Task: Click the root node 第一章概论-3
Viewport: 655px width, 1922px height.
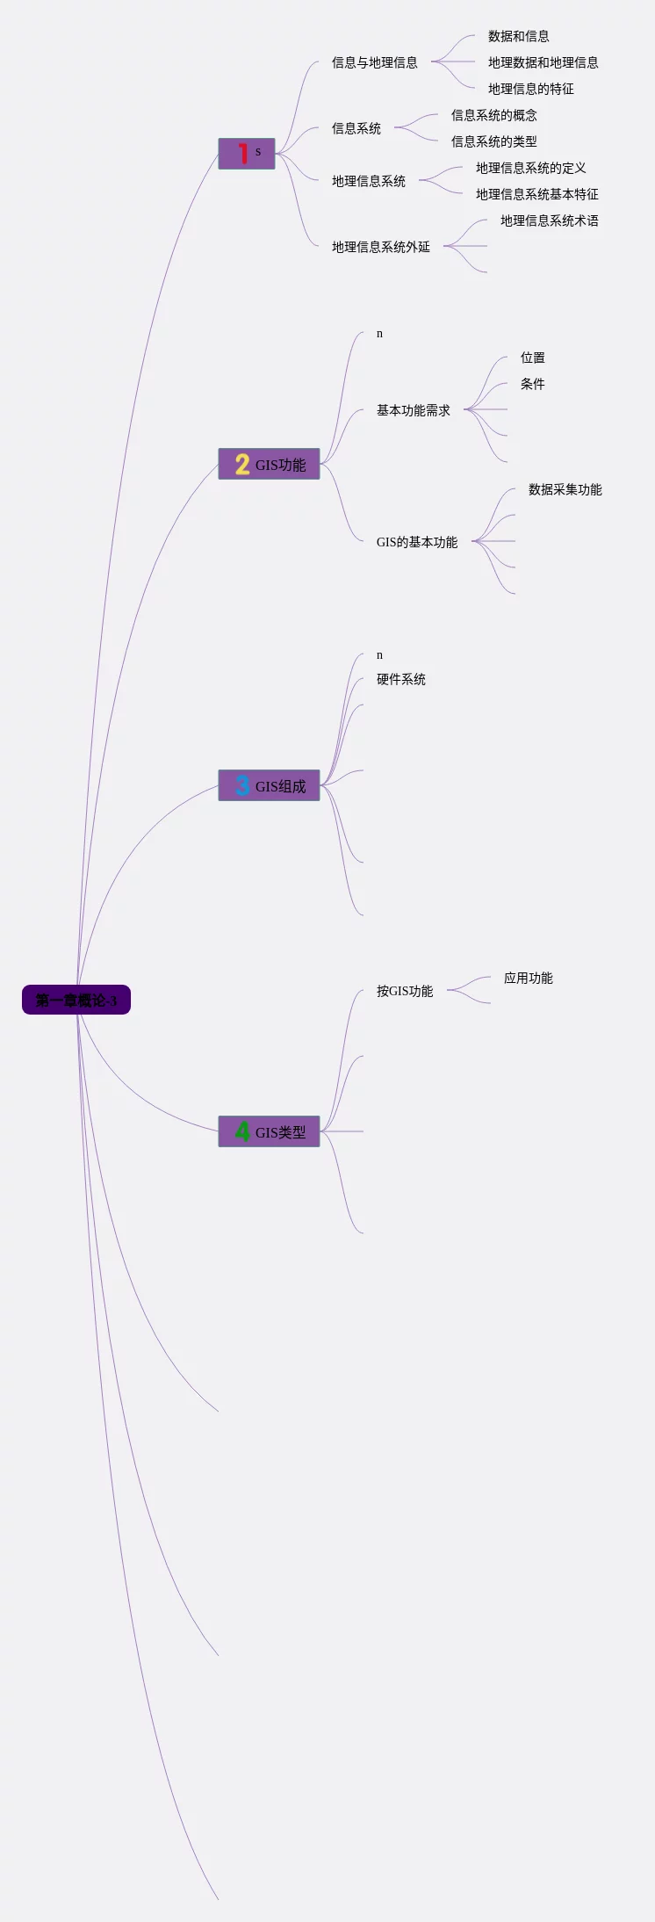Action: tap(76, 1000)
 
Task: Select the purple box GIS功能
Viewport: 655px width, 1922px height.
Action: tap(269, 464)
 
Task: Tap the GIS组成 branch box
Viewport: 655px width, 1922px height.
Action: tap(269, 785)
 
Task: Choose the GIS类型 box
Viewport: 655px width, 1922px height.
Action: tap(269, 1131)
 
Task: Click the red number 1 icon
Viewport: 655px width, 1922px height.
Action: tap(242, 154)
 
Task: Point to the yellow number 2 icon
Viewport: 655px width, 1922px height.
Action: tap(242, 464)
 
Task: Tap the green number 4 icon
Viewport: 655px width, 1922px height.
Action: tap(242, 1131)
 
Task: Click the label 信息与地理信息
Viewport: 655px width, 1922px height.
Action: tap(374, 62)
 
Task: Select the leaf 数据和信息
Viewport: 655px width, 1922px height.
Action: tap(518, 36)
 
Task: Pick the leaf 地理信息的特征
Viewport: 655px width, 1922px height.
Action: tap(530, 89)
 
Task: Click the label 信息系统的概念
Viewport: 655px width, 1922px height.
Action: tap(493, 115)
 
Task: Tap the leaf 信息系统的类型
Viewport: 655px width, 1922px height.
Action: tap(493, 141)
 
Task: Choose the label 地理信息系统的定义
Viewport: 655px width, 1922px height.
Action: tap(530, 168)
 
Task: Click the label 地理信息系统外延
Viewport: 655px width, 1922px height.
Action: tap(380, 247)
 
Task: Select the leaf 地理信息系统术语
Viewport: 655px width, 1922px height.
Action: tap(549, 220)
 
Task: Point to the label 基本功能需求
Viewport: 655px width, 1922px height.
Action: tap(413, 410)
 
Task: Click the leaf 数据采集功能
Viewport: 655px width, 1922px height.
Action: tap(565, 489)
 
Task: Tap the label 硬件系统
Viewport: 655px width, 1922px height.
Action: tap(400, 679)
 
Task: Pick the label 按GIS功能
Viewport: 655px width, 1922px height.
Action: tap(404, 991)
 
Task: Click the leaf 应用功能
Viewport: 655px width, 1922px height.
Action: tap(528, 978)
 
